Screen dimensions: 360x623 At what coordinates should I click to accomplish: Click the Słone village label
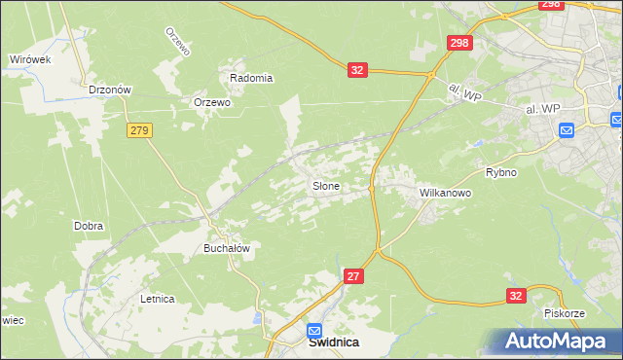[x=325, y=186]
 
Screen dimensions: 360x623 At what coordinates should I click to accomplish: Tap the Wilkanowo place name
[x=445, y=194]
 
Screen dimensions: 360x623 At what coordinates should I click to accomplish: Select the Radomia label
[x=251, y=78]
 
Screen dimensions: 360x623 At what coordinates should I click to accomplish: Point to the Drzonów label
[x=109, y=89]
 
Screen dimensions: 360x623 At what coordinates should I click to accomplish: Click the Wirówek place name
[x=29, y=59]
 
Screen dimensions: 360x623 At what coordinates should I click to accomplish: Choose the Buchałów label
[x=227, y=248]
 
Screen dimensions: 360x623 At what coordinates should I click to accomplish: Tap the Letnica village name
[x=157, y=299]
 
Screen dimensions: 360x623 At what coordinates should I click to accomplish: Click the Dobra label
[x=89, y=226]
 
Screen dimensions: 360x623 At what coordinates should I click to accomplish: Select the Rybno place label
[x=500, y=172]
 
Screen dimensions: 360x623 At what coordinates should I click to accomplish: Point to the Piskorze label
[x=565, y=314]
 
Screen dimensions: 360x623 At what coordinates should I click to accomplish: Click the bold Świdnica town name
[x=334, y=342]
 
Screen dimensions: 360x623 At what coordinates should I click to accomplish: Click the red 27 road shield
[x=353, y=277]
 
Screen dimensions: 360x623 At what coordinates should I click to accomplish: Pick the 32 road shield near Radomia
[x=358, y=70]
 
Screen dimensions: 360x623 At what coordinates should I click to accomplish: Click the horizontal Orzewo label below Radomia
[x=211, y=102]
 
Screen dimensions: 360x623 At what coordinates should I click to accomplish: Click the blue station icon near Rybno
[x=567, y=129]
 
